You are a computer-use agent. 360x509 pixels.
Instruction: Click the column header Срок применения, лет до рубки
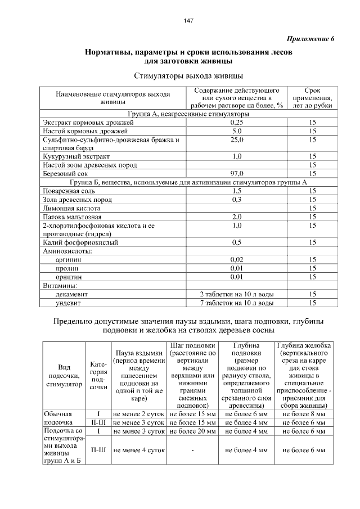[x=312, y=97]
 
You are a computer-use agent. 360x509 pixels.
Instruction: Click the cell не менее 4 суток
[x=138, y=450]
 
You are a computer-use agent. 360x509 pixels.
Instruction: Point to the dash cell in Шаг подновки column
[x=192, y=450]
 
